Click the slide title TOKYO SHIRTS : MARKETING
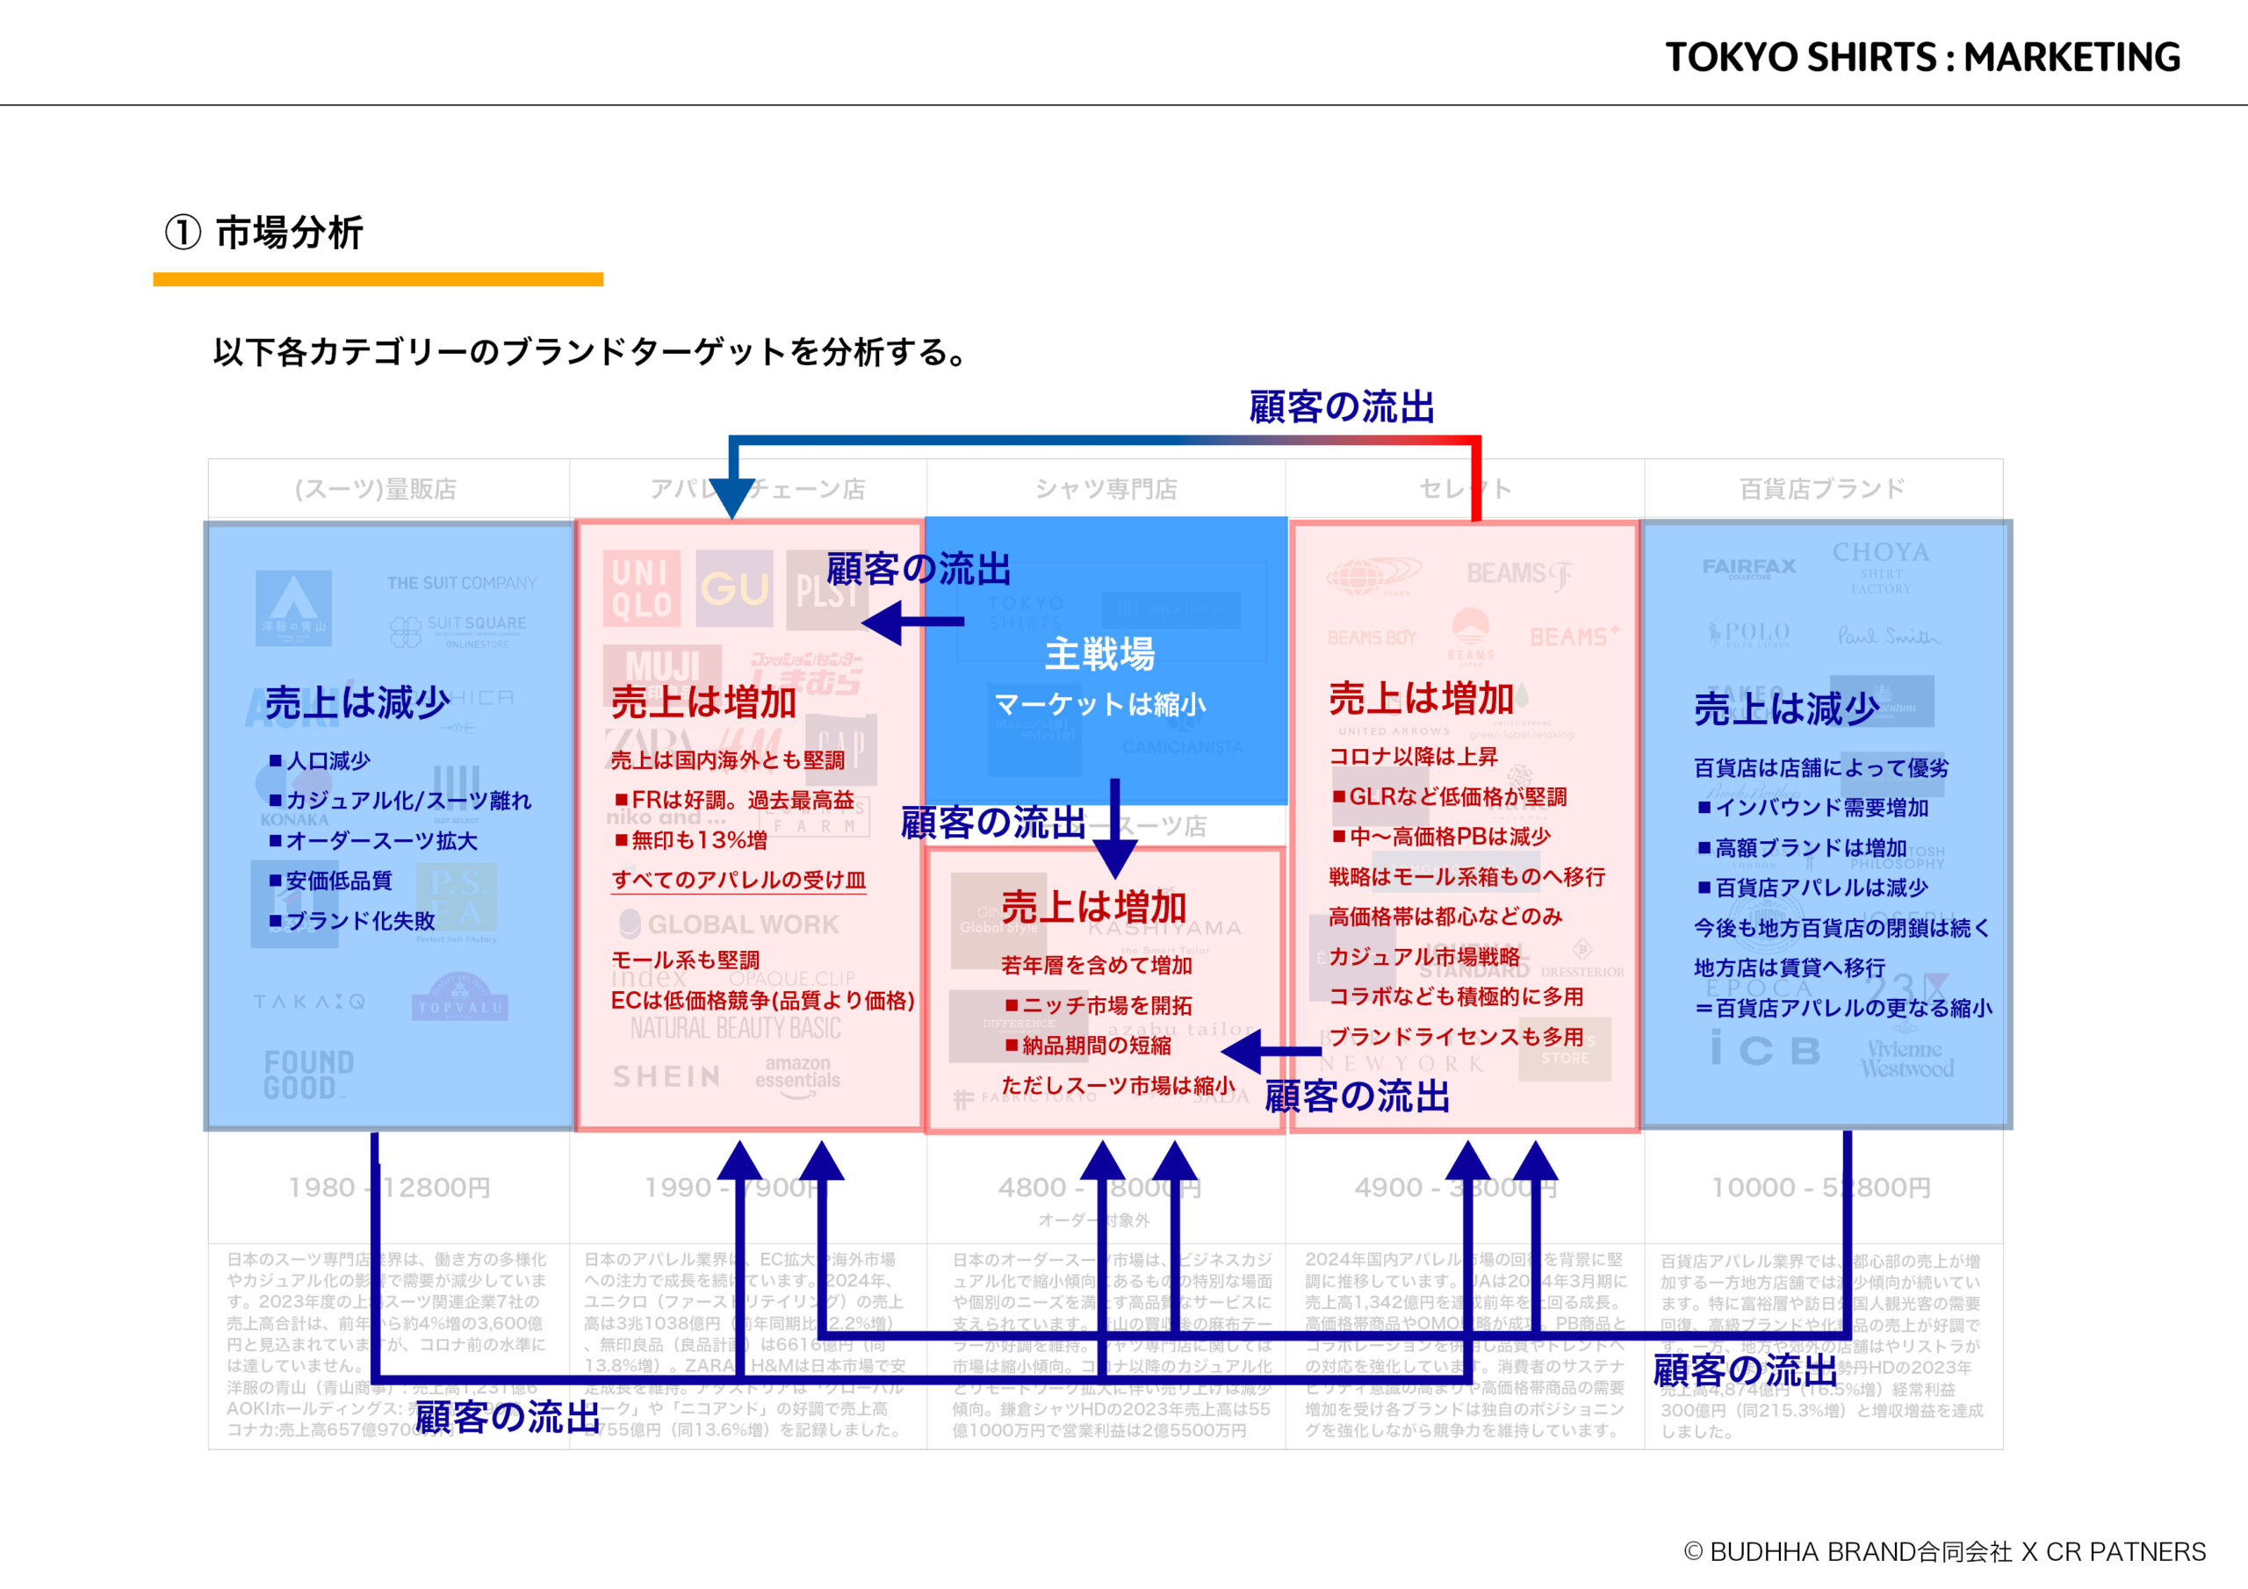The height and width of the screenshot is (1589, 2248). (1922, 58)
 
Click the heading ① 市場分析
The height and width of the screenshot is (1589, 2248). (264, 233)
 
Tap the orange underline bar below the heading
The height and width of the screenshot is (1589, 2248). (378, 280)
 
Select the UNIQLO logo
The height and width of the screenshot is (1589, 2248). (641, 588)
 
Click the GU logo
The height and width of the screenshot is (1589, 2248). (734, 588)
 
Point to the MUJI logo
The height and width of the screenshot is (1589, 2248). (662, 666)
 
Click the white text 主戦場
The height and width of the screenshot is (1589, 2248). (1099, 654)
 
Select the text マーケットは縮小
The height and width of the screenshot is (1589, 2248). (1099, 704)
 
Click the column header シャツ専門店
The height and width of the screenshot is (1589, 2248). (1106, 488)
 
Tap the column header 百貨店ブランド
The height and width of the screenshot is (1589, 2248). (1822, 488)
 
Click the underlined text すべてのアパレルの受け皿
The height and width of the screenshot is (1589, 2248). (739, 879)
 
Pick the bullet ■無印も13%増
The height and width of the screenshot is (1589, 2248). (690, 840)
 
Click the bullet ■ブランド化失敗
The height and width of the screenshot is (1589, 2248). (352, 920)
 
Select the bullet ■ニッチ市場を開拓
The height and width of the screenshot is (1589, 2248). (1098, 1005)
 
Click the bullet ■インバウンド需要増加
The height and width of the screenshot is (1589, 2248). (1813, 808)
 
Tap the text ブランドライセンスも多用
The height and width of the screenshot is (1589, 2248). (1456, 1037)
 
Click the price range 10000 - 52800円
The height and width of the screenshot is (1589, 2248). (1821, 1188)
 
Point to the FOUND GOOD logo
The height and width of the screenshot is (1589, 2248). (308, 1075)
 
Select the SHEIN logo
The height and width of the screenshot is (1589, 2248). (666, 1077)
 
